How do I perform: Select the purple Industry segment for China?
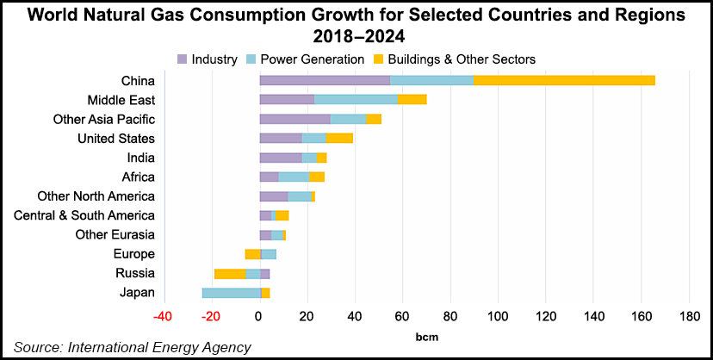pyautogui.click(x=325, y=80)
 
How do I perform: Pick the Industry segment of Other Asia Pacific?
pyautogui.click(x=294, y=119)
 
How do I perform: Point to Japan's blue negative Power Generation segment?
pyautogui.click(x=231, y=293)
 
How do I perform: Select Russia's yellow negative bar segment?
pyautogui.click(x=230, y=274)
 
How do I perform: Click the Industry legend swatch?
pyautogui.click(x=183, y=59)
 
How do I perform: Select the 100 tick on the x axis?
pyautogui.click(x=498, y=317)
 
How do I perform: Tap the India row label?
pyautogui.click(x=139, y=158)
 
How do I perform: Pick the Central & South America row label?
pyautogui.click(x=84, y=215)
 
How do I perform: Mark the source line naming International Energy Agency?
pyautogui.click(x=132, y=347)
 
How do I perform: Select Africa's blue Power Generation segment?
pyautogui.click(x=294, y=177)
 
